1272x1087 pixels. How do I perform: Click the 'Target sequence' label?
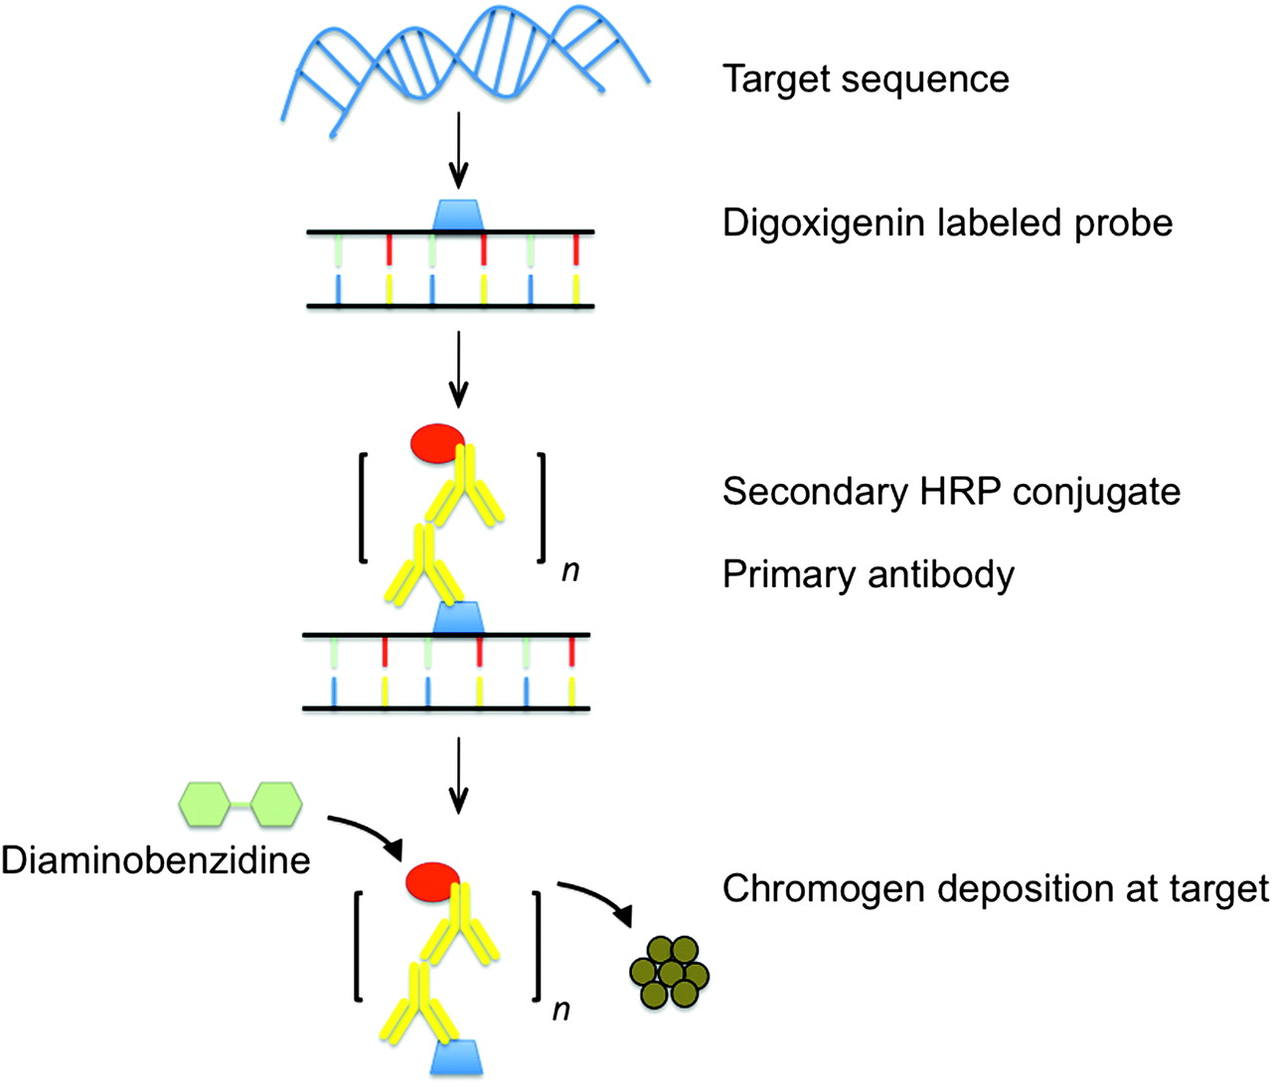tap(866, 79)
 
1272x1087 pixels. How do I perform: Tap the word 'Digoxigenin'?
tap(825, 224)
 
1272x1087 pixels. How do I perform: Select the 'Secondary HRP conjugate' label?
tap(951, 492)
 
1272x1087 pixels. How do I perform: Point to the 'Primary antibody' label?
tap(869, 576)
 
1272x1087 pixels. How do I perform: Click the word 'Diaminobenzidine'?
tap(156, 860)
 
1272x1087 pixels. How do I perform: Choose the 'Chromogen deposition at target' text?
tap(996, 888)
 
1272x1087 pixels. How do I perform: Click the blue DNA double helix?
tap(465, 68)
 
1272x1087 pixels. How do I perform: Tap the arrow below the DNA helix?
tap(458, 150)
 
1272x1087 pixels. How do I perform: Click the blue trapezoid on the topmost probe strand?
tap(458, 215)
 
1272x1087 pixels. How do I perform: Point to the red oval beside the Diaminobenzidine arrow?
tap(432, 882)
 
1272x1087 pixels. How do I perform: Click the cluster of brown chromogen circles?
tap(670, 973)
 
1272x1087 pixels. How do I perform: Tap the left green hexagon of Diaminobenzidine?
tap(205, 804)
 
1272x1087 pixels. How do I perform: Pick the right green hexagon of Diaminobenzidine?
tap(276, 804)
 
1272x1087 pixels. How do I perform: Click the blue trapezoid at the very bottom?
tap(456, 1057)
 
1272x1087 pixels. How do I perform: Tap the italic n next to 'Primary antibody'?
tap(570, 571)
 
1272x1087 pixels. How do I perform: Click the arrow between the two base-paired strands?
tap(458, 370)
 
